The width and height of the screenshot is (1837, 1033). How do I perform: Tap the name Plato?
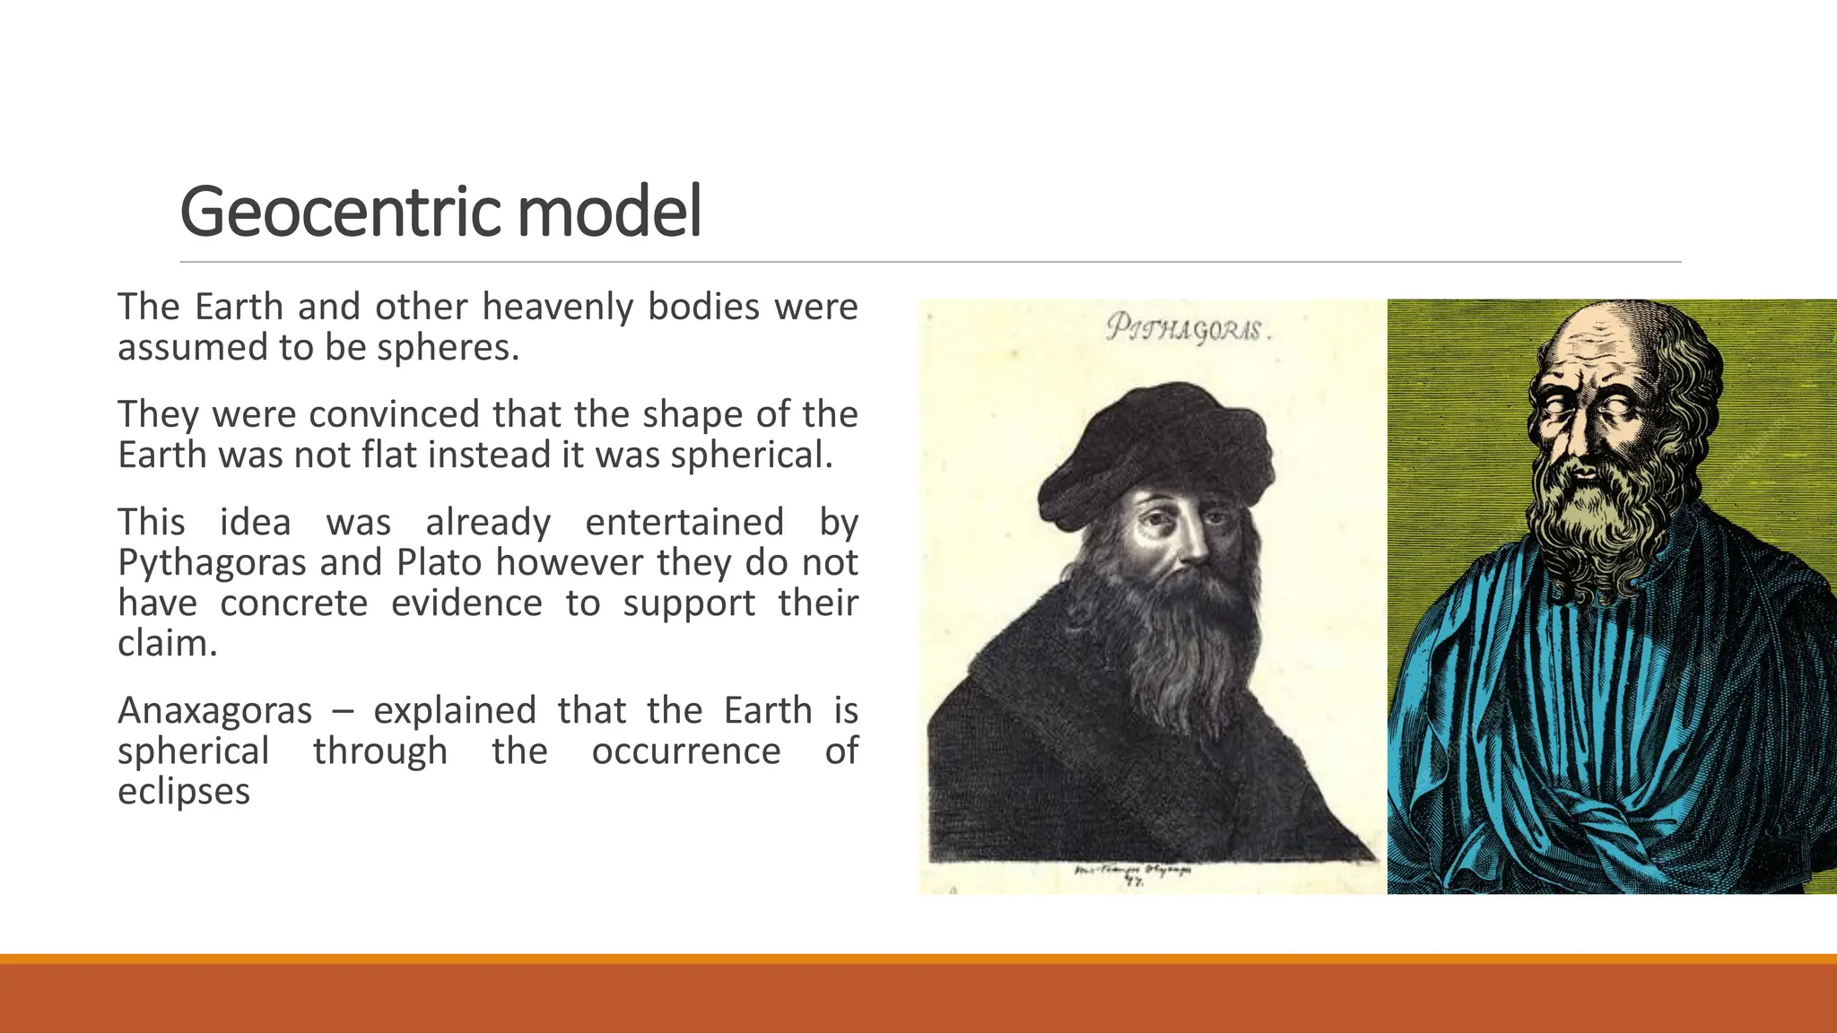point(441,563)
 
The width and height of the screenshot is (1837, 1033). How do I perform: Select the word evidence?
point(466,603)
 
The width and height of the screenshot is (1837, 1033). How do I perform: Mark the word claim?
point(167,644)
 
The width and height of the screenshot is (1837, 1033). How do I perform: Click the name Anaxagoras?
point(214,711)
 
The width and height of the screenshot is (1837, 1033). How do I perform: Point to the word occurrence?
point(685,751)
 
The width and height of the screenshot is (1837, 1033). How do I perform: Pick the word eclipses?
point(183,792)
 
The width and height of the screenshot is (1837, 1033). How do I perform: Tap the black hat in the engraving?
point(1157,448)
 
